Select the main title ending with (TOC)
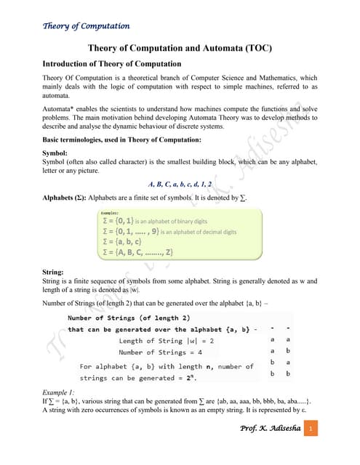pos(180,48)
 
